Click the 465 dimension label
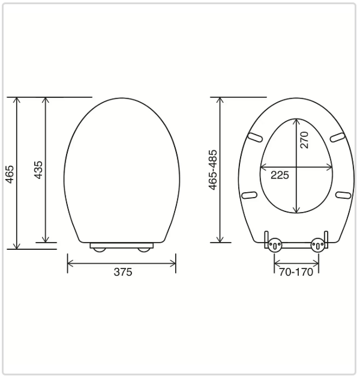pos(10,174)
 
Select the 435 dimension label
pos(38,170)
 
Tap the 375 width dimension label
pos(123,272)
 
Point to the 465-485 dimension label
pos(212,170)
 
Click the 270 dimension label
pos(304,140)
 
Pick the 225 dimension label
pos(280,175)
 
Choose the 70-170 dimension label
pos(296,272)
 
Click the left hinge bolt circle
pos(275,245)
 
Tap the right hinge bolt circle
pos(318,245)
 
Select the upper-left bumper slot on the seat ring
pos(255,138)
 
